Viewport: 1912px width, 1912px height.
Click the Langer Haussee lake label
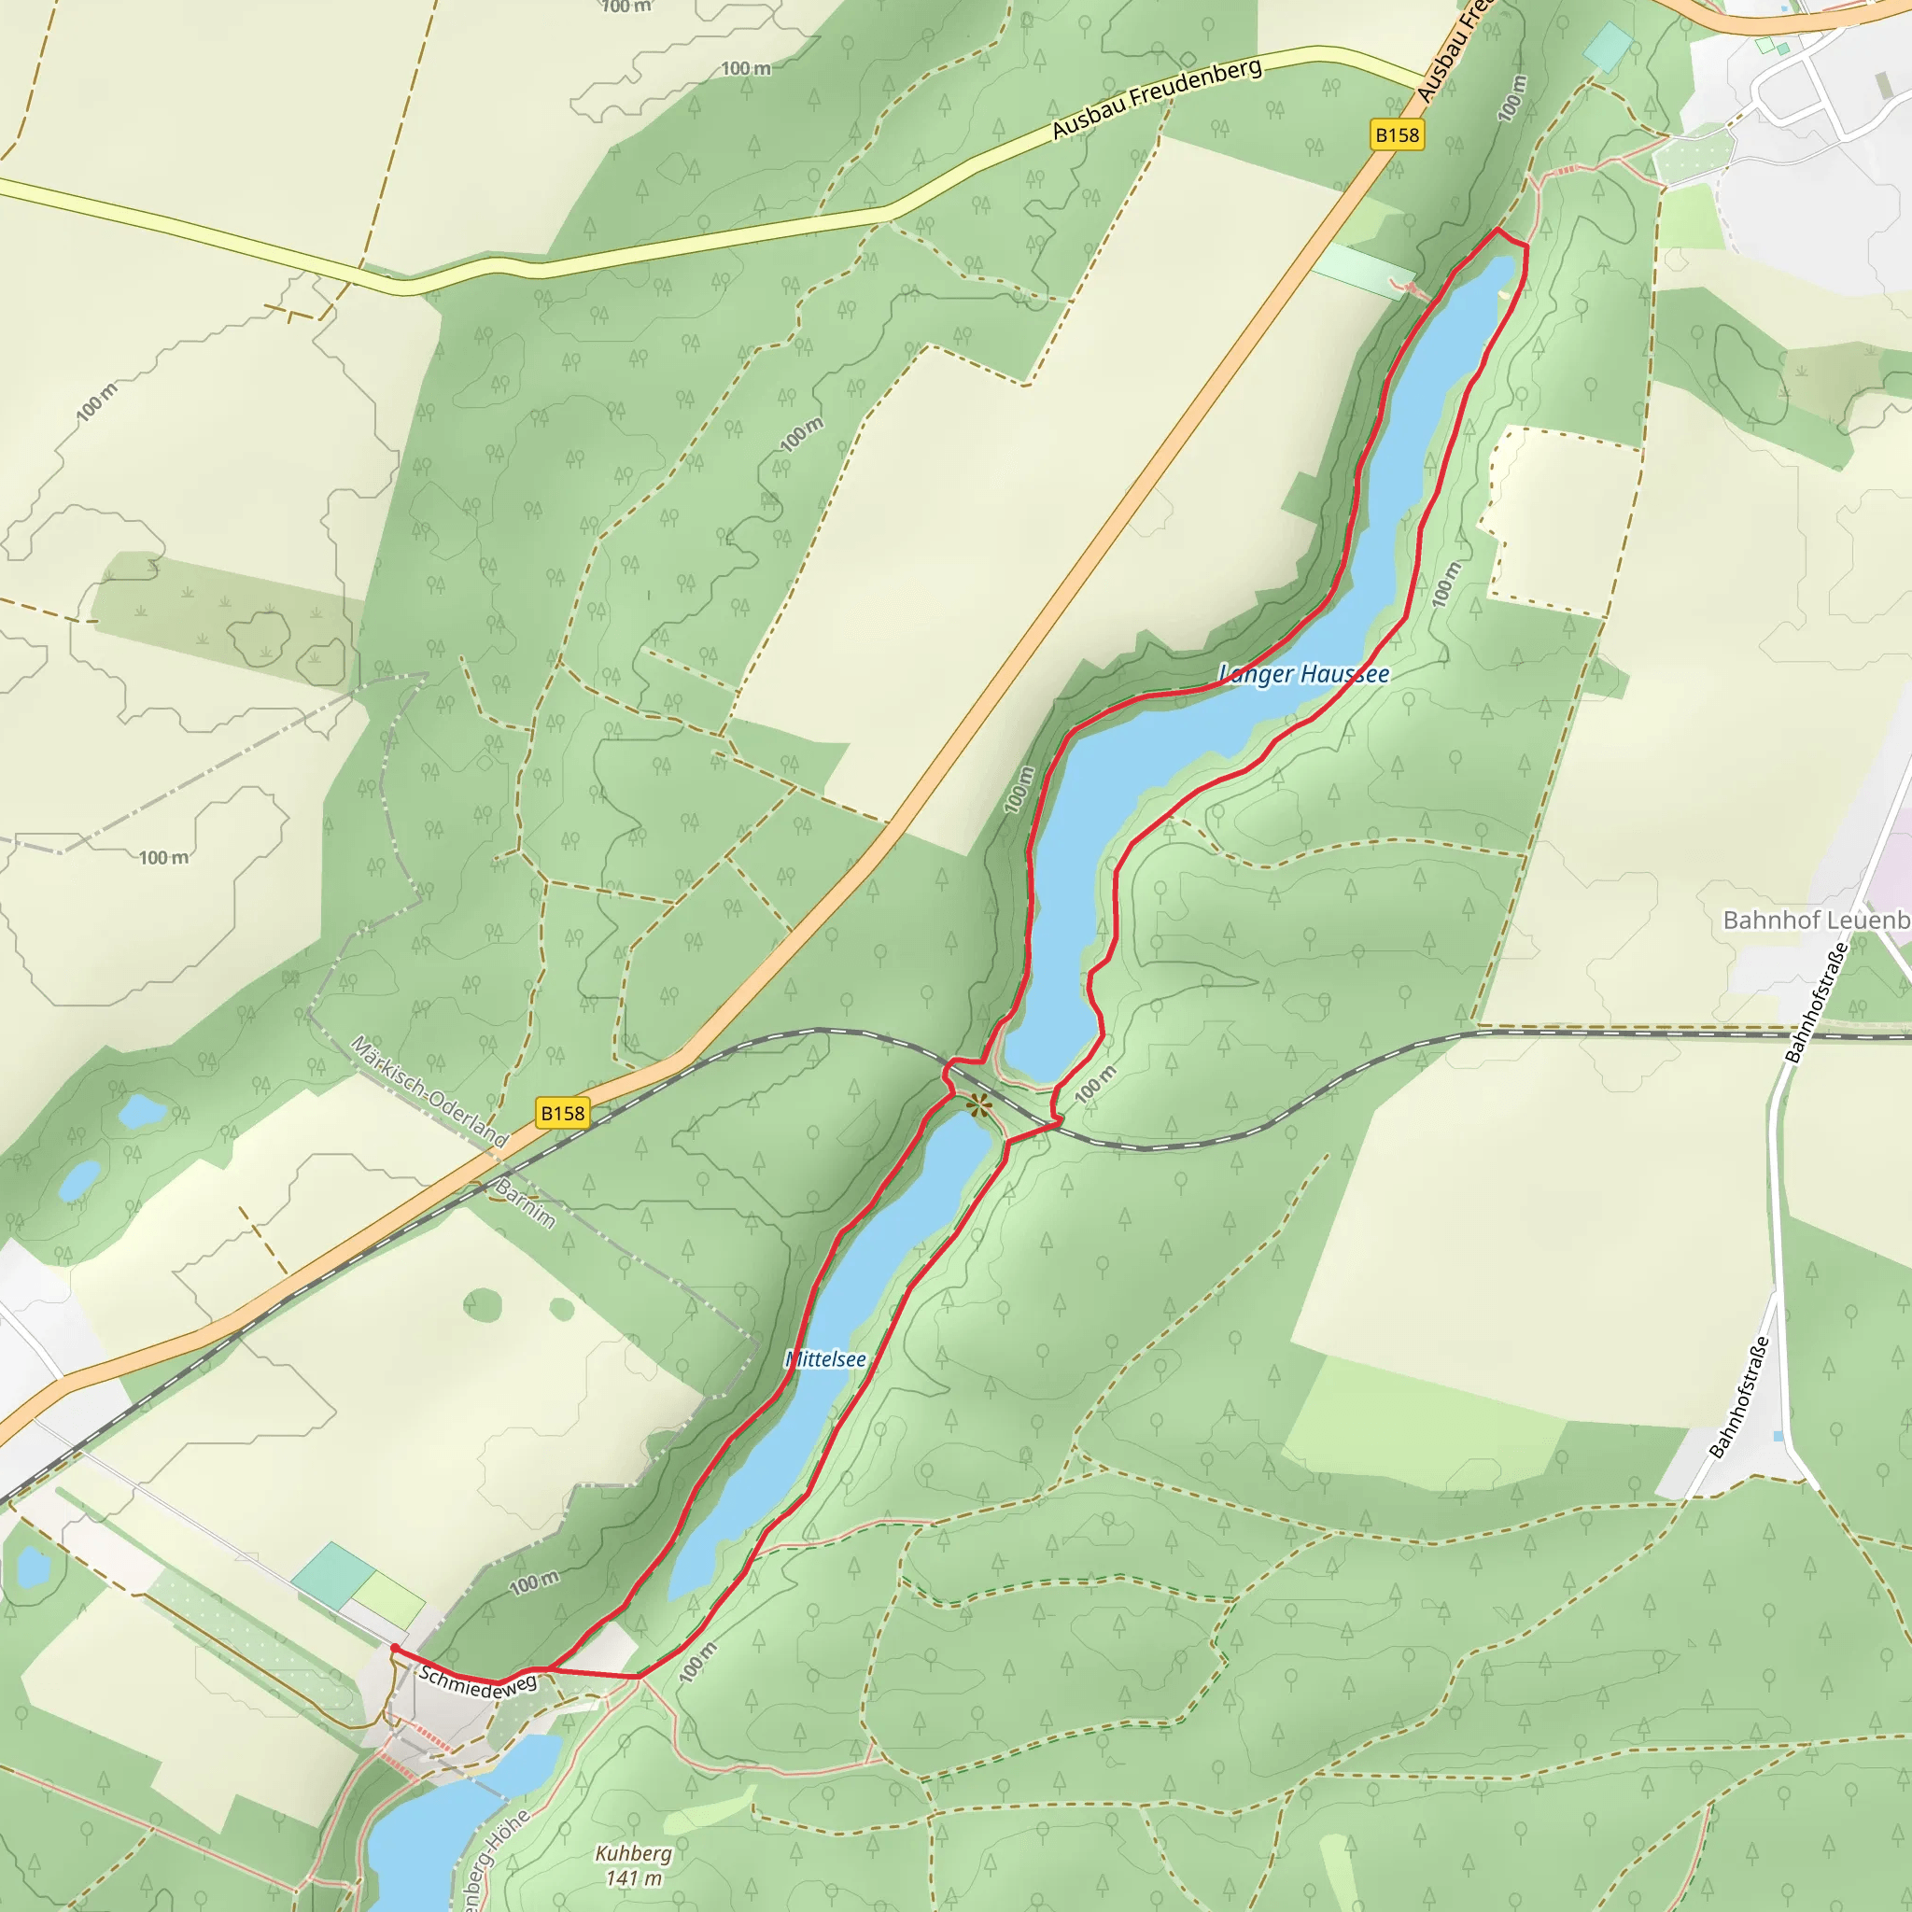(x=1303, y=674)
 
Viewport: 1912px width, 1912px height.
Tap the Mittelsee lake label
(x=825, y=1359)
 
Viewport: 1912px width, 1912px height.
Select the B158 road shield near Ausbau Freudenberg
(x=1398, y=134)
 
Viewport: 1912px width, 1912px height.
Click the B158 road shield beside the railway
(x=562, y=1114)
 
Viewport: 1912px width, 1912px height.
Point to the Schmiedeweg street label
(x=477, y=1682)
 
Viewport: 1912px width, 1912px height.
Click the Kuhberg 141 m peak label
(x=633, y=1864)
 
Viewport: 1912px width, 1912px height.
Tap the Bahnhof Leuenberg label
(x=1816, y=921)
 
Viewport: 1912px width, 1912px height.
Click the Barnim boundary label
(x=526, y=1203)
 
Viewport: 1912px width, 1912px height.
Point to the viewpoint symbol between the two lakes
(x=977, y=1105)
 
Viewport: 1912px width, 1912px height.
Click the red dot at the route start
(x=395, y=1648)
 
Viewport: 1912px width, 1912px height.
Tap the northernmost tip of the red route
(x=1497, y=230)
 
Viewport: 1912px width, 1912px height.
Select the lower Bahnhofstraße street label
(x=1740, y=1397)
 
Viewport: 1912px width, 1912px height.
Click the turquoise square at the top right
(x=1609, y=46)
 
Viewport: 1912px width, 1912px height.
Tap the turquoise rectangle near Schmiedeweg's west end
(x=332, y=1576)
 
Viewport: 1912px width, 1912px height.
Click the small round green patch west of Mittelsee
(x=482, y=1304)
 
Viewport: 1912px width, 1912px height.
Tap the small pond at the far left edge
(x=33, y=1568)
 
